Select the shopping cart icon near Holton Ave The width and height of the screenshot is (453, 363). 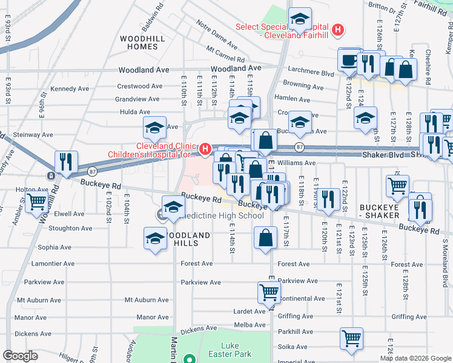coord(37,201)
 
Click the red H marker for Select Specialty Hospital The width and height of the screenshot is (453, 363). coord(338,28)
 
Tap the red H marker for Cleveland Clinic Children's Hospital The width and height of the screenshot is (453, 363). coord(205,148)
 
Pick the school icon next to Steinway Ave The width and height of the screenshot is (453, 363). coord(154,128)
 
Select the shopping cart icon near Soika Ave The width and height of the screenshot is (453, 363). coord(351,339)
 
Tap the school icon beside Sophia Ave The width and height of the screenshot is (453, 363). coord(155,238)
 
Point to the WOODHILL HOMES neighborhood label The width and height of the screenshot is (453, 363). coord(139,42)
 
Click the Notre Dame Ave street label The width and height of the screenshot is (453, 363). coord(216,33)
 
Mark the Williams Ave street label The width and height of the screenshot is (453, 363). coord(297,163)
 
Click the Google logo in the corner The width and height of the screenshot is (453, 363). coord(20,356)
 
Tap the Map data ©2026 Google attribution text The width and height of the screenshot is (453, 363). coord(415,358)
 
